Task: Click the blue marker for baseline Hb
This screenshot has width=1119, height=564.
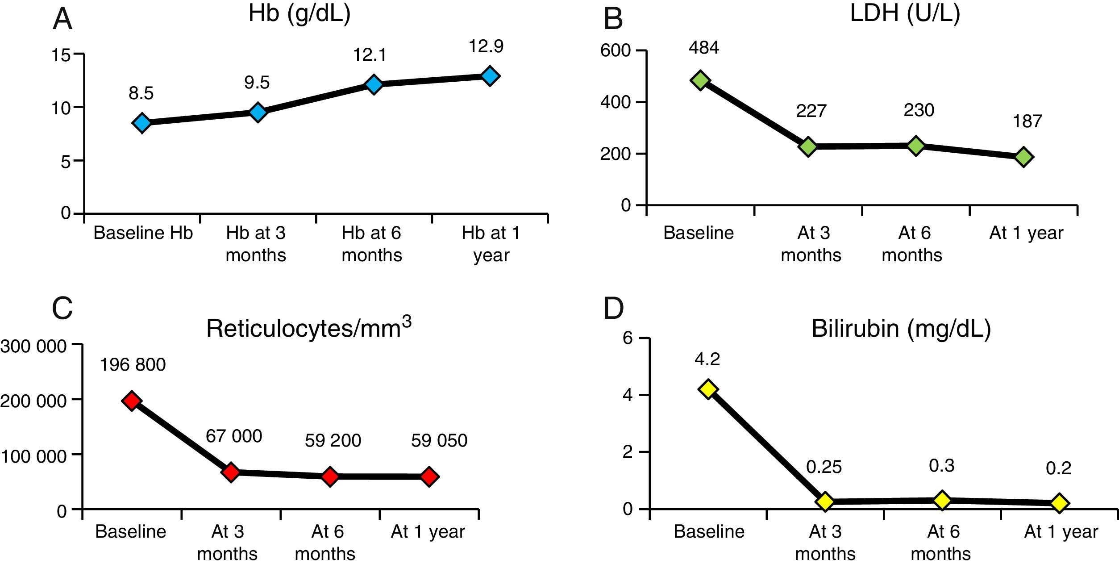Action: tap(142, 123)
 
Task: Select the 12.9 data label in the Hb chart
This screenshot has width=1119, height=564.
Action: tap(486, 46)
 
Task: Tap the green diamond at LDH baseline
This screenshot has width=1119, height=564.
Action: tap(700, 80)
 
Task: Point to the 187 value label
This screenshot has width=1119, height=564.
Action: tap(1027, 121)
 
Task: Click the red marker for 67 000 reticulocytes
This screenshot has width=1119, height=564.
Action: tap(231, 472)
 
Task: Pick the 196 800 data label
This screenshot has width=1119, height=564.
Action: tap(133, 365)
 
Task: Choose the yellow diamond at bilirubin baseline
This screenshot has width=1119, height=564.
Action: tap(708, 389)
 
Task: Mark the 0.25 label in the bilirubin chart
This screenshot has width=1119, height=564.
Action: tap(824, 467)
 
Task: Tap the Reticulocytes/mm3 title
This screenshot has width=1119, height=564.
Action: tap(308, 328)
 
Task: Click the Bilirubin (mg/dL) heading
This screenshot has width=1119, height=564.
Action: tap(901, 329)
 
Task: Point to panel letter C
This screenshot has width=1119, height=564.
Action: tap(62, 308)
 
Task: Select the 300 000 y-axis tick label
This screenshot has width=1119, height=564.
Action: tap(33, 346)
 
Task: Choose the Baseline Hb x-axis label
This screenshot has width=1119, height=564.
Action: tap(143, 233)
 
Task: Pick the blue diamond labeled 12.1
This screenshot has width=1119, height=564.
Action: tap(374, 84)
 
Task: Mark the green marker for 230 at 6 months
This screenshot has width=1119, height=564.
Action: tap(915, 146)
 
